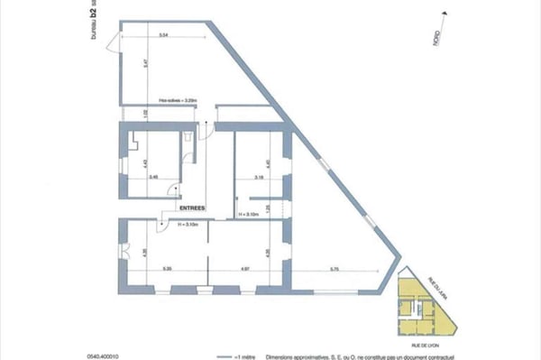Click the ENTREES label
pyautogui.click(x=192, y=208)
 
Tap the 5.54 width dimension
pyautogui.click(x=163, y=34)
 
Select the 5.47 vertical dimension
pyautogui.click(x=120, y=66)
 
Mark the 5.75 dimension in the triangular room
pyautogui.click(x=334, y=268)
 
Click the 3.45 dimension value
pyautogui.click(x=153, y=177)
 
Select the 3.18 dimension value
pyautogui.click(x=258, y=177)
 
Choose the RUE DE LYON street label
pyautogui.click(x=421, y=342)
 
